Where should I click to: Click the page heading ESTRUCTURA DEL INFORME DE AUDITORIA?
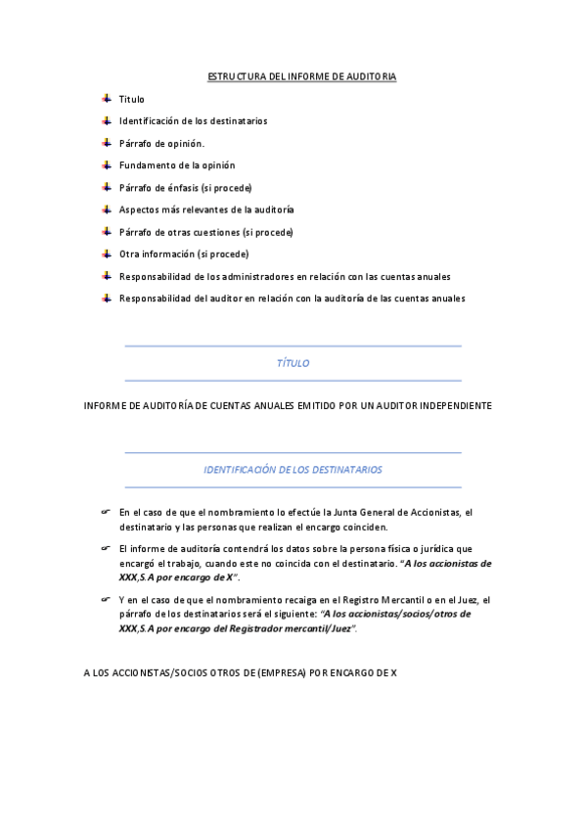(x=301, y=76)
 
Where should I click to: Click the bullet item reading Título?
(x=131, y=99)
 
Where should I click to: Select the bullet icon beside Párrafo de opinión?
(x=106, y=143)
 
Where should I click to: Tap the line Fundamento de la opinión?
(x=177, y=165)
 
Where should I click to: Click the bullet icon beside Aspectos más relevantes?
(x=106, y=209)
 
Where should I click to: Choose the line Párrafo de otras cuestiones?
(x=205, y=232)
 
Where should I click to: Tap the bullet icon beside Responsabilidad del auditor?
(x=106, y=299)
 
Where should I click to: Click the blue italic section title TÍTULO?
(x=293, y=363)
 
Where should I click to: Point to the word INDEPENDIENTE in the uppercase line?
(x=450, y=405)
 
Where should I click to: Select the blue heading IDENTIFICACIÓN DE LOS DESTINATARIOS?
(x=293, y=470)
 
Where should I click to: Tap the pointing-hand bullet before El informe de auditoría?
(x=106, y=548)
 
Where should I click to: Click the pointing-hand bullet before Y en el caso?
(x=106, y=599)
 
